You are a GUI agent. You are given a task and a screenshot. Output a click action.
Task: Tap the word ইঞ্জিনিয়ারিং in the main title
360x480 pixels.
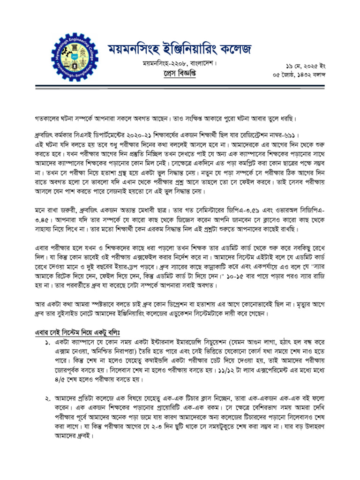(182, 49)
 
